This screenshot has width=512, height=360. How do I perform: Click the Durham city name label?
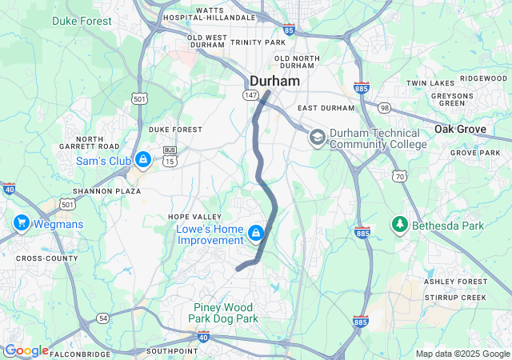[274, 81]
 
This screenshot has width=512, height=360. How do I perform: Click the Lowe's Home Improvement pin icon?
[255, 234]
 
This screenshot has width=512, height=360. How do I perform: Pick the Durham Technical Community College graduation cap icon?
[317, 138]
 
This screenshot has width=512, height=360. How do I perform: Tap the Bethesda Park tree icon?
[399, 226]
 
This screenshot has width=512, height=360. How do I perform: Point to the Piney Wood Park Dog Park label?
[222, 313]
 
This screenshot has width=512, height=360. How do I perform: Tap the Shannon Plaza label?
[102, 191]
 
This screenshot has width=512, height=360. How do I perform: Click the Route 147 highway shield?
[251, 95]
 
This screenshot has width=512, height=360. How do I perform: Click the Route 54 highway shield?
[103, 318]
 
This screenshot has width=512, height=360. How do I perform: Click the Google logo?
[26, 350]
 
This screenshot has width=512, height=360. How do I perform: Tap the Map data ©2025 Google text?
[462, 354]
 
